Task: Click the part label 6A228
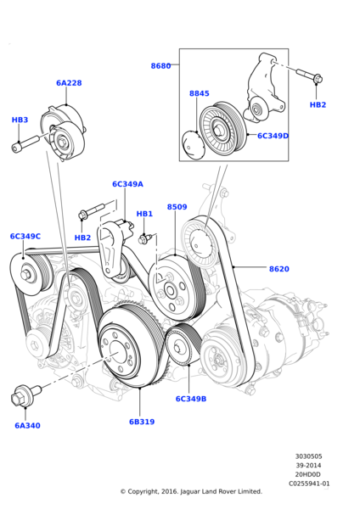coord(69,83)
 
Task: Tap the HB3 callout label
coord(20,120)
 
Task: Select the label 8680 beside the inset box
coord(160,65)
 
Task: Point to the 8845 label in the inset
coord(199,93)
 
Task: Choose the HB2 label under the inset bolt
coord(318,104)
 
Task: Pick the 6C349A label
coord(127,184)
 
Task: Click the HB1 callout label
coord(144,214)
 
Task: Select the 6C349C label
coord(25,237)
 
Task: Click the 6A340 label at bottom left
coord(27,425)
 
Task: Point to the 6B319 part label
coord(142,422)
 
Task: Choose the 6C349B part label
coord(191,398)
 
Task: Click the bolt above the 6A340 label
coord(22,396)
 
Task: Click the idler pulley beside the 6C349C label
coord(32,274)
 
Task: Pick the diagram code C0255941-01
coord(308,484)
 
